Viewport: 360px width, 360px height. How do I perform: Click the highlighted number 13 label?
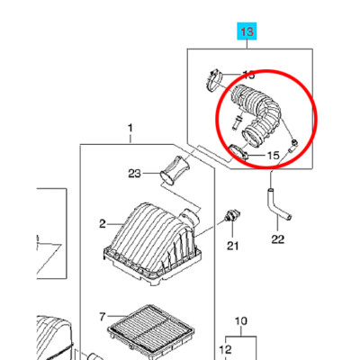247,31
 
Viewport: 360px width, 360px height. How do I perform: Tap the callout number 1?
130,129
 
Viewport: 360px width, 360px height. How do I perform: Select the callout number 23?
134,174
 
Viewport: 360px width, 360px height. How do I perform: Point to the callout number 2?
103,224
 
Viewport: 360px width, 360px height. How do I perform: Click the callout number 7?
103,317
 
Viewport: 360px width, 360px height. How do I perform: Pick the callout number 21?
232,246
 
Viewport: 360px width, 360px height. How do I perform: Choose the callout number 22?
277,239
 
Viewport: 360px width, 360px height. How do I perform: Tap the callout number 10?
241,321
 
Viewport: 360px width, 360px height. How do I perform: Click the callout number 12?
226,349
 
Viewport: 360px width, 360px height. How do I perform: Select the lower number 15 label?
273,156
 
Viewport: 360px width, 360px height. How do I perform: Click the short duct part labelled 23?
175,169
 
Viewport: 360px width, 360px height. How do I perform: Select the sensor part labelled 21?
232,216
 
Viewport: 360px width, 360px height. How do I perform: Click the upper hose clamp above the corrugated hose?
214,79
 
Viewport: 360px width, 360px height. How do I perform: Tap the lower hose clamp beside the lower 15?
238,151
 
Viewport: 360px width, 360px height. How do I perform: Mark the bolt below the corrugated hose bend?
237,122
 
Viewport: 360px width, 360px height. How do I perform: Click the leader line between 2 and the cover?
114,224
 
